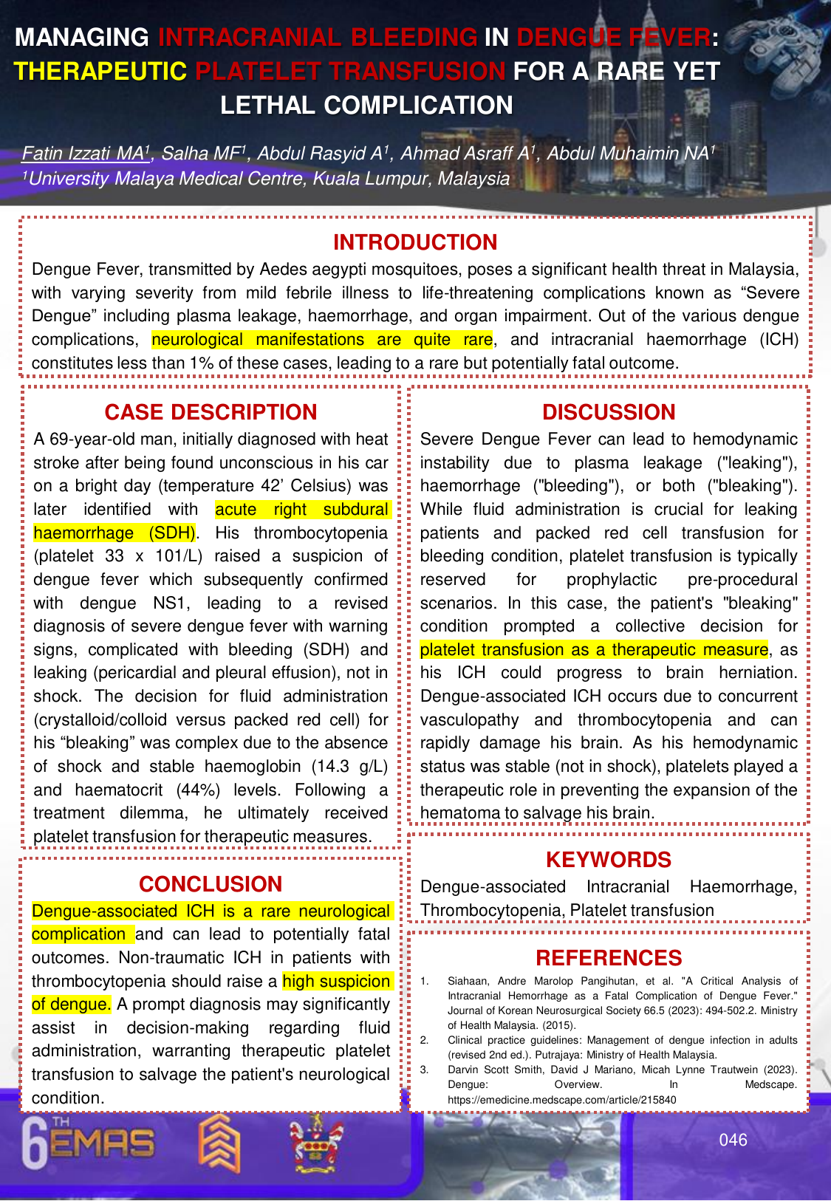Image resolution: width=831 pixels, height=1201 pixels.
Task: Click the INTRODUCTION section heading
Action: point(415,242)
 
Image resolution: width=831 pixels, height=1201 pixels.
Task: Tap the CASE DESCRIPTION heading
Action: point(211,412)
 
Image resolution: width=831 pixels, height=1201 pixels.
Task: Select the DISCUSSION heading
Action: point(609,412)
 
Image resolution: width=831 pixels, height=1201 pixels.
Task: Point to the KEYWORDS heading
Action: point(609,860)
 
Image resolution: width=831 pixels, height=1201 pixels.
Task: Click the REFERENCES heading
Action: point(609,958)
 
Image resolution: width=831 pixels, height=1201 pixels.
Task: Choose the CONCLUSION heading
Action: point(211,884)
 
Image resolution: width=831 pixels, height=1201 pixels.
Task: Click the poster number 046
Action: point(733,1140)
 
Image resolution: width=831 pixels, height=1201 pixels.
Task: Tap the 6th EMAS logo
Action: point(89,1144)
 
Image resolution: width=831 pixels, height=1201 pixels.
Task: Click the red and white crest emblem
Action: point(316,1143)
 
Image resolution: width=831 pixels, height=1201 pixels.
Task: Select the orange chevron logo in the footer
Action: point(219,1143)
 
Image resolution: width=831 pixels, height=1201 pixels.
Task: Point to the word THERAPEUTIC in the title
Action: point(100,71)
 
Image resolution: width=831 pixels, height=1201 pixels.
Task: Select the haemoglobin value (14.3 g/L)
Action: point(349,766)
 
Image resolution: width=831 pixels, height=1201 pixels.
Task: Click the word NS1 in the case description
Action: point(171,603)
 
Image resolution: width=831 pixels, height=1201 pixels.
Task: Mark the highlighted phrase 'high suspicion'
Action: point(336,981)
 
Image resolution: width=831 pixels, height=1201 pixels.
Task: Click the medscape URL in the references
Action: point(561,1099)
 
